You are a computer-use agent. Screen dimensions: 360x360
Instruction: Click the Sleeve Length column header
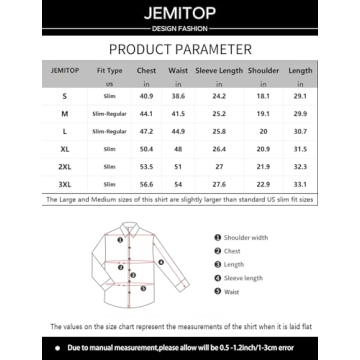[219, 71]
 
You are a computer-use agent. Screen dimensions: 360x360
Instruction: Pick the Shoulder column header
[263, 71]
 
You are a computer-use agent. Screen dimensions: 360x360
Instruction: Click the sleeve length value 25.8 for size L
[219, 131]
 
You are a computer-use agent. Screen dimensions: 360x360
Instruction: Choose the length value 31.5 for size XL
[299, 148]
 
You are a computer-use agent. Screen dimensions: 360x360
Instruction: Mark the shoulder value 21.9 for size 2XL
[263, 166]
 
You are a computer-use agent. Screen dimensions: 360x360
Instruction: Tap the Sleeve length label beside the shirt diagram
[243, 277]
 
